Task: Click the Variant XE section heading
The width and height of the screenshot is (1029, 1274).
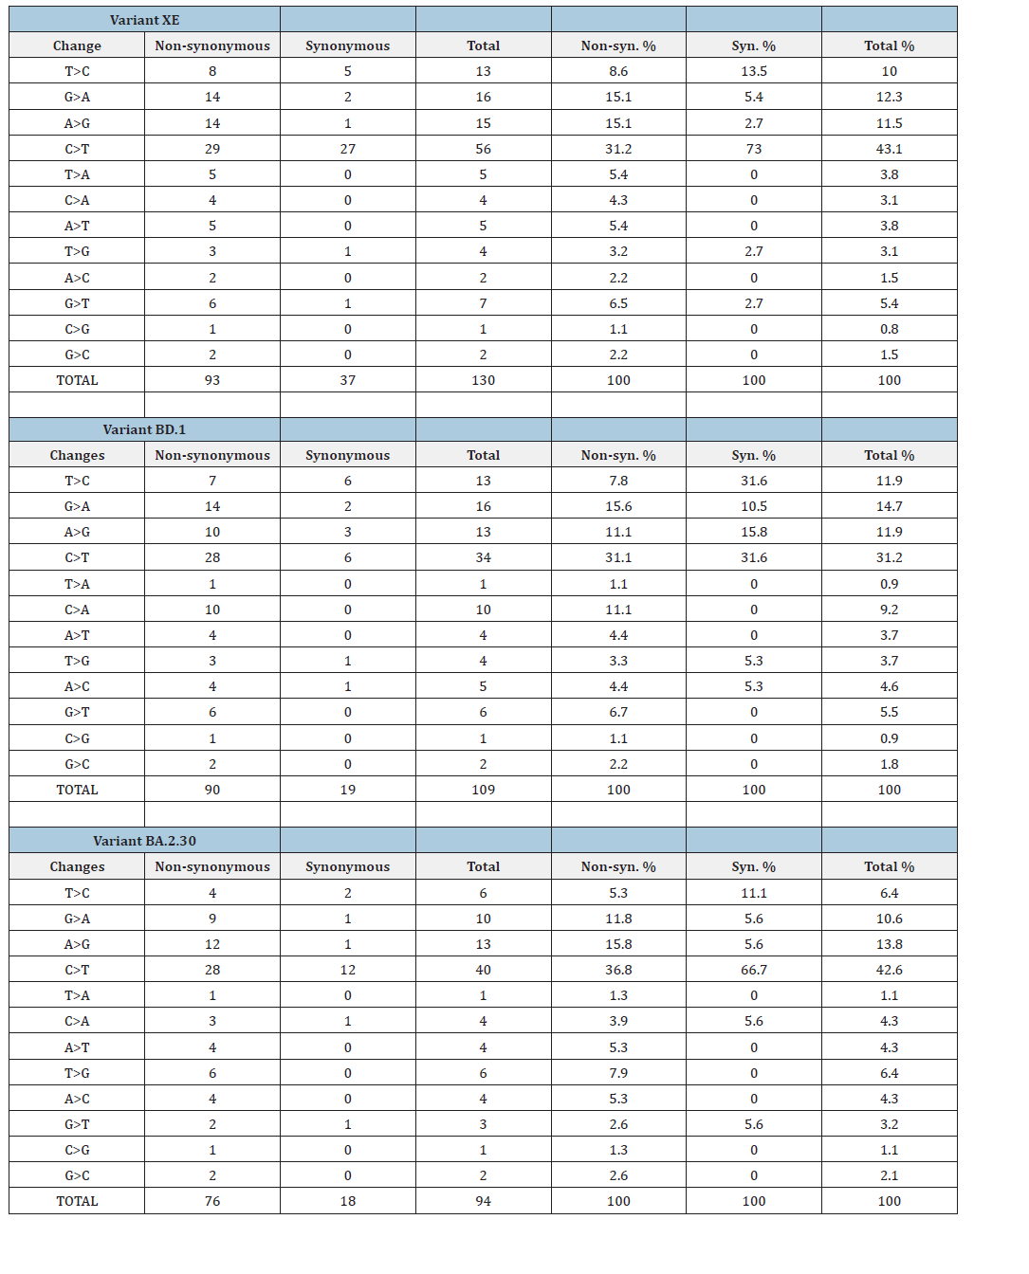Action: pyautogui.click(x=144, y=20)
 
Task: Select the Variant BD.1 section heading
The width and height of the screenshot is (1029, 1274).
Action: pyautogui.click(x=144, y=429)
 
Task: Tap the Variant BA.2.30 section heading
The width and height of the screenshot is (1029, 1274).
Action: pyautogui.click(x=144, y=841)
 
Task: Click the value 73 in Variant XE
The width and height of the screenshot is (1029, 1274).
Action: pyautogui.click(x=754, y=149)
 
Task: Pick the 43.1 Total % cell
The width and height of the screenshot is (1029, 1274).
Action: pyautogui.click(x=889, y=149)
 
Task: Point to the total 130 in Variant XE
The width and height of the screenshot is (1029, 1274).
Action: pyautogui.click(x=483, y=380)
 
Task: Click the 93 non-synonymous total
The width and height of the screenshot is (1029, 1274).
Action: pyautogui.click(x=212, y=380)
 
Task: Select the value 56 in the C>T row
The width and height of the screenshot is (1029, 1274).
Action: pyautogui.click(x=483, y=149)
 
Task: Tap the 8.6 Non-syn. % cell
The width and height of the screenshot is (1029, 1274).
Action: pyautogui.click(x=618, y=71)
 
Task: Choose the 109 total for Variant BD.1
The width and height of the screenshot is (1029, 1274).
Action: pyautogui.click(x=483, y=790)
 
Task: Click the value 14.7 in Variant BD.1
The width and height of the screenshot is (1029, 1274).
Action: pyautogui.click(x=889, y=506)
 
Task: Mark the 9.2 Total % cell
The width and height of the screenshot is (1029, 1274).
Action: pyautogui.click(x=889, y=610)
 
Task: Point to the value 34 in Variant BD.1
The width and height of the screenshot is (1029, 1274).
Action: pyautogui.click(x=483, y=557)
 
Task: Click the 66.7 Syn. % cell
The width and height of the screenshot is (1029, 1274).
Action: pyautogui.click(x=754, y=970)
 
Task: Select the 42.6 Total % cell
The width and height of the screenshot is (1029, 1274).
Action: pyautogui.click(x=889, y=970)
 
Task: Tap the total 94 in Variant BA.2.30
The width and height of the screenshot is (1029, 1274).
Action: pyautogui.click(x=483, y=1201)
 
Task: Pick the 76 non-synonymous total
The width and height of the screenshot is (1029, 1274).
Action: pyautogui.click(x=212, y=1201)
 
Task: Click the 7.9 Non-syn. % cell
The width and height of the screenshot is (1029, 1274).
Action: pyautogui.click(x=618, y=1073)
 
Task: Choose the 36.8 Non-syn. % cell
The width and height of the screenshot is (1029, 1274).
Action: pyautogui.click(x=618, y=970)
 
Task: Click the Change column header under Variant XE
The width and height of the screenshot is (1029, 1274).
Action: pyautogui.click(x=77, y=45)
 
